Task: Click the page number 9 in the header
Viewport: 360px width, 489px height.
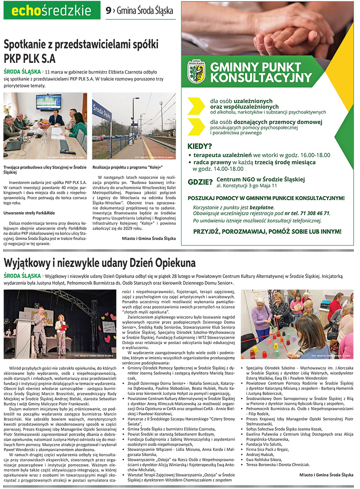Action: pyautogui.click(x=108, y=11)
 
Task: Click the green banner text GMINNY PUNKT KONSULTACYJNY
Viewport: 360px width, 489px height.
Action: pyautogui.click(x=261, y=72)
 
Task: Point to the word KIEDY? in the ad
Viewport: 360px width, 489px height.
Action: pyautogui.click(x=200, y=146)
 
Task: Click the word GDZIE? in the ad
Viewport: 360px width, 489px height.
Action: pyautogui.click(x=200, y=182)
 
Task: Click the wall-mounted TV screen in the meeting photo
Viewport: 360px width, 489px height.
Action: pyautogui.click(x=48, y=102)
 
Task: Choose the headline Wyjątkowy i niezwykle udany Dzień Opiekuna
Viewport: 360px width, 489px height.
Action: pyautogui.click(x=100, y=263)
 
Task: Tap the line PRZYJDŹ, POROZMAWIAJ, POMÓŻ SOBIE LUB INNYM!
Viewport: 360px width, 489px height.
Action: pyautogui.click(x=267, y=231)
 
